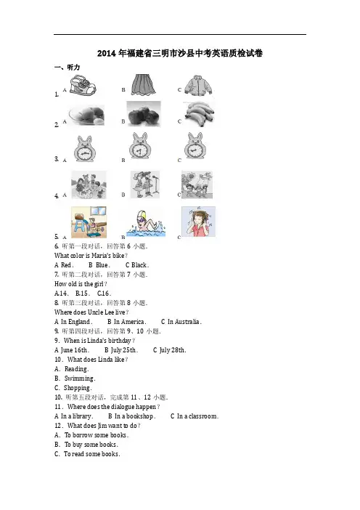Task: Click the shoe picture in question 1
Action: click(83, 85)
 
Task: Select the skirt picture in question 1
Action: click(143, 84)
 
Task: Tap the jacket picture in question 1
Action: click(198, 86)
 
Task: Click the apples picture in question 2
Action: click(144, 113)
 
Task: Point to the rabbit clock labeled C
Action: click(195, 146)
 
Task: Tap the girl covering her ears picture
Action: click(198, 222)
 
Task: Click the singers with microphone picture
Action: click(145, 185)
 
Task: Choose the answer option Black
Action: click(139, 265)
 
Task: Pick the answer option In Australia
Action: click(184, 322)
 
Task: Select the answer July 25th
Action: click(123, 350)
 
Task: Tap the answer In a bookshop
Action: click(134, 416)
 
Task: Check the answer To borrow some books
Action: click(96, 435)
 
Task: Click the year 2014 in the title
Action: click(107, 53)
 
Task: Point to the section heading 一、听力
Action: click(67, 68)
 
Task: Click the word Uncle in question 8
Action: click(96, 312)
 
